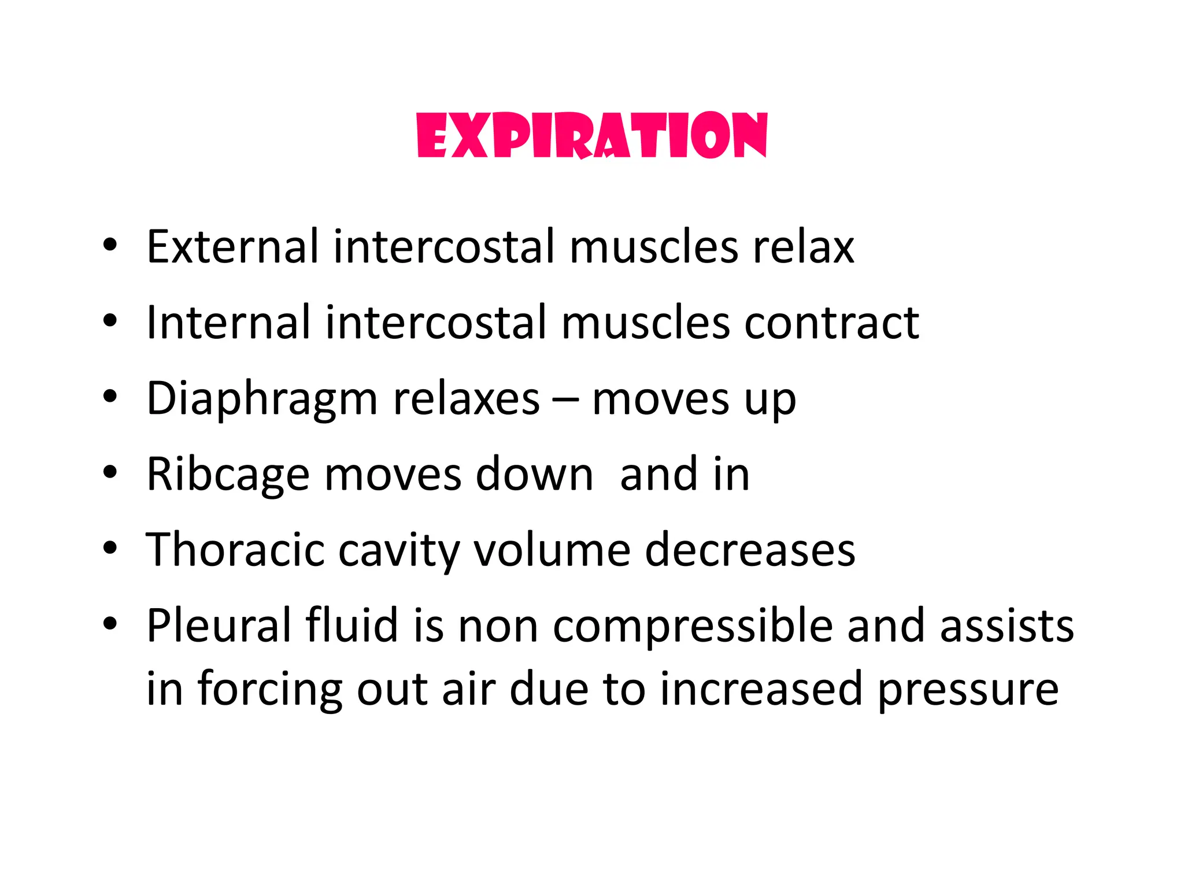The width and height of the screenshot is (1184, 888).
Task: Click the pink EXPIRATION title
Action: [592, 135]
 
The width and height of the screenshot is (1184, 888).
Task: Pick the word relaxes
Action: [466, 399]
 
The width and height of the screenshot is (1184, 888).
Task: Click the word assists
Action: [1007, 626]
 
